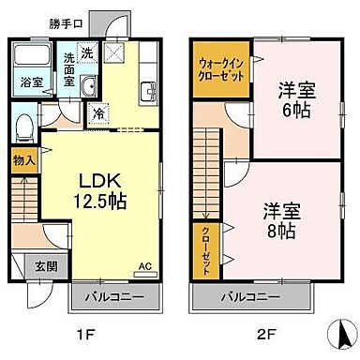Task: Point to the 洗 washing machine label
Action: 85,52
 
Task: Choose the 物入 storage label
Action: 24,159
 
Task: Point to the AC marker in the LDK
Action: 144,265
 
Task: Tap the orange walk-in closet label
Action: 219,71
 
